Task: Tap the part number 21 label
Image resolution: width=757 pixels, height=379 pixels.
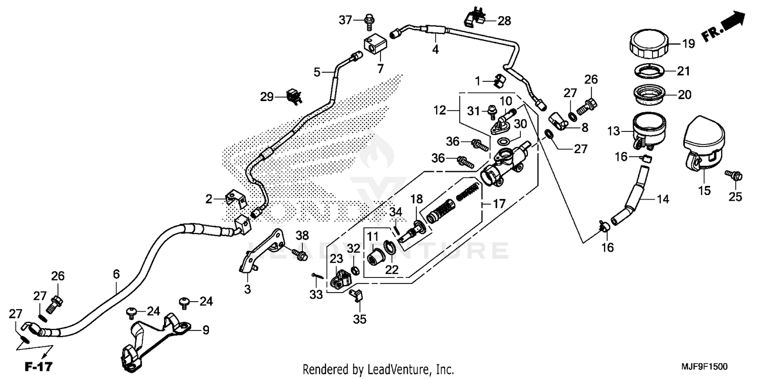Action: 683,71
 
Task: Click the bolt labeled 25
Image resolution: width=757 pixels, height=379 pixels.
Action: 733,176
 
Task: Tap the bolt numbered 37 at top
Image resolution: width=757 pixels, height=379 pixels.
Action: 369,20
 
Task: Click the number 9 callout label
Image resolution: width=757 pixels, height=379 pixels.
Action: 205,330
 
